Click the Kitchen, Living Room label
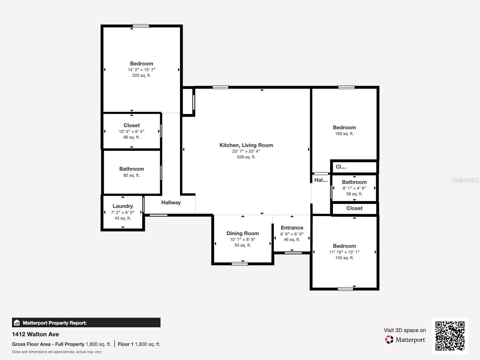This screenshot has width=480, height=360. [246, 145]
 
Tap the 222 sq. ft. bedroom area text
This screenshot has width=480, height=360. [142, 75]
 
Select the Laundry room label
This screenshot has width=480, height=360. [123, 206]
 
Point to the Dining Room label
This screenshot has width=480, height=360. [242, 233]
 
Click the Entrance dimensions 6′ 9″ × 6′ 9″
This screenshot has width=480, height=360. [292, 234]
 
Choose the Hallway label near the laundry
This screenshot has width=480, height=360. [171, 202]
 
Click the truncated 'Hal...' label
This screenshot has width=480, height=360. [321, 180]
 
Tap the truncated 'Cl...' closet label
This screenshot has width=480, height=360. [341, 167]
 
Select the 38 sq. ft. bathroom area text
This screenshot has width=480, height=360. [354, 194]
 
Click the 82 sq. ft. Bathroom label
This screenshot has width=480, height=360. [131, 169]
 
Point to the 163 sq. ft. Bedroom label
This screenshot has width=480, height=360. [344, 127]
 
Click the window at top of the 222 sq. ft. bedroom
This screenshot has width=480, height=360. [141, 26]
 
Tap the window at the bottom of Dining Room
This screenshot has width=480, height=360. [240, 264]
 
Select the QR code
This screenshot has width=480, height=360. [450, 336]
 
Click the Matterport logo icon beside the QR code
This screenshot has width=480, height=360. [389, 339]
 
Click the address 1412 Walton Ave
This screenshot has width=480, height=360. [35, 334]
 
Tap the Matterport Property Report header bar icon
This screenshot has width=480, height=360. [17, 323]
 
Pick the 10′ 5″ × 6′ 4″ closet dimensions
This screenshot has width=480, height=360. [131, 131]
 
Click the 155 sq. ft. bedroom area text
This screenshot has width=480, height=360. [344, 258]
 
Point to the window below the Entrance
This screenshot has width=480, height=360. [293, 253]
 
